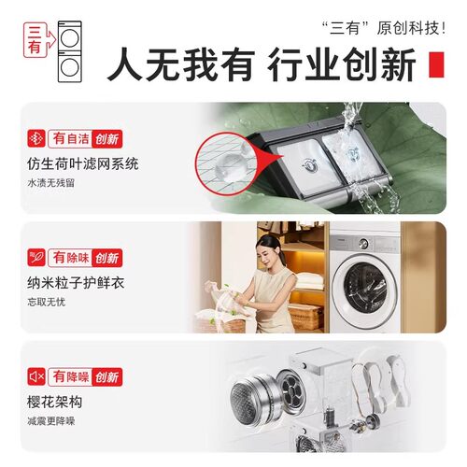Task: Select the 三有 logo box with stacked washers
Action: (x=50, y=52)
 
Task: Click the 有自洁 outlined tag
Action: (x=71, y=139)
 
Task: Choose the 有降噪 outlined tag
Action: (x=71, y=377)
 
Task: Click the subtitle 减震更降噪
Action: (x=51, y=422)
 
